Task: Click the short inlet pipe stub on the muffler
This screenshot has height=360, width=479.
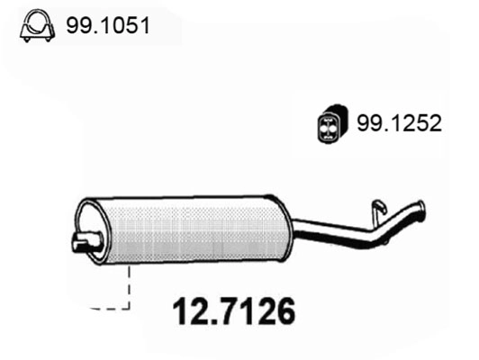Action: pos(84,241)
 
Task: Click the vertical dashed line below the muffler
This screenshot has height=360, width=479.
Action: pos(131,286)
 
